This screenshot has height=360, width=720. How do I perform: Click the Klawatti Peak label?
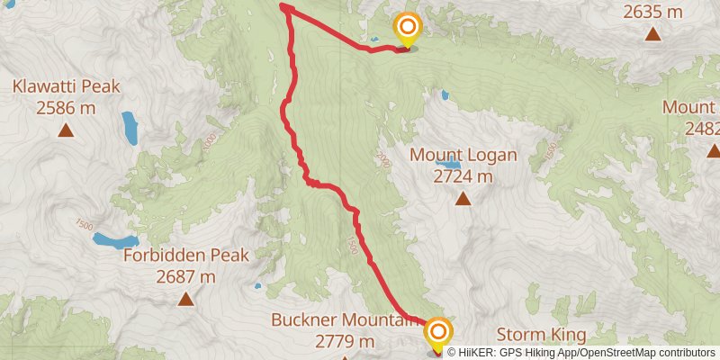point(66,87)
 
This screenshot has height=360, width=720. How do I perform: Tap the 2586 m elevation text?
point(66,107)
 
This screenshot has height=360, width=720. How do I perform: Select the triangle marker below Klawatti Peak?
point(66,130)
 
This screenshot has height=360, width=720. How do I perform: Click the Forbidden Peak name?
point(186,256)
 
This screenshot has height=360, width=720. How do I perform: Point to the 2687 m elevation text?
point(186,276)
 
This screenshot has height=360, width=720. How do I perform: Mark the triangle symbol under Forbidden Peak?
point(186,299)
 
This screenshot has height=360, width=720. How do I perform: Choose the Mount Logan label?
point(463,155)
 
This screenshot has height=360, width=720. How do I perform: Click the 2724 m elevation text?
point(463,175)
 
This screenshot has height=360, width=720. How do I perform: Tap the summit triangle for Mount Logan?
point(463,198)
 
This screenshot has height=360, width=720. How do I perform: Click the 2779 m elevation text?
point(345,341)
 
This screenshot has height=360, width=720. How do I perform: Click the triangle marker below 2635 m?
point(652,34)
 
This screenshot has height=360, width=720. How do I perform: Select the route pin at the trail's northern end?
point(408,29)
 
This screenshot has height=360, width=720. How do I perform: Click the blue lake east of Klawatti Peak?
point(130,128)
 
